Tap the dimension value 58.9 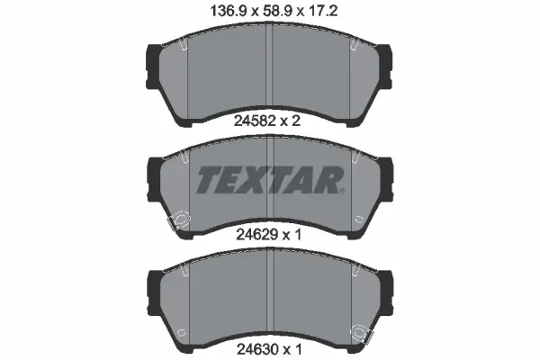coord(276,12)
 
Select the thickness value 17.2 coord(323,12)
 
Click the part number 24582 coord(255,121)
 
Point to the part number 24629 coord(256,235)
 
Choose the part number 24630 coord(256,349)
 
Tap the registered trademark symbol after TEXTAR coord(341,191)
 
